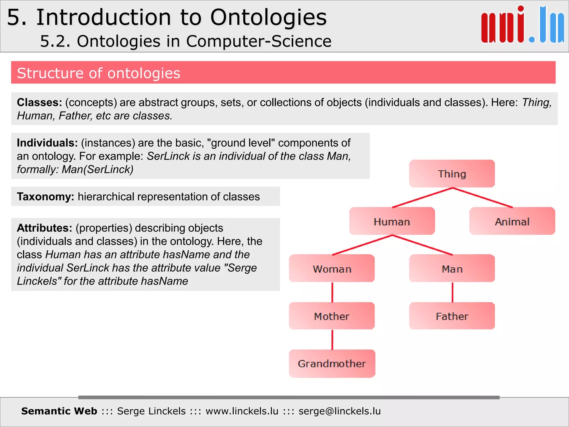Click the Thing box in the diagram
coord(452,174)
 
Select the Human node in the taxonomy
coord(392,221)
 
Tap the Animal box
coord(512,221)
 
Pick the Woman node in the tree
coord(332,269)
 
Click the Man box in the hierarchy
coord(452,269)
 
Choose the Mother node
coord(332,316)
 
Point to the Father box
coord(452,316)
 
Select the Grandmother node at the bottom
coord(332,363)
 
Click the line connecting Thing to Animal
coord(483,198)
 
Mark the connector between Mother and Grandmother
coord(332,339)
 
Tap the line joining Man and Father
coord(452,292)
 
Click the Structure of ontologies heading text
coord(99,73)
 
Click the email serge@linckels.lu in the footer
coord(340,411)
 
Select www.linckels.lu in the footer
coord(242,411)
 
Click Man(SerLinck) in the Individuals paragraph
coord(97,169)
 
